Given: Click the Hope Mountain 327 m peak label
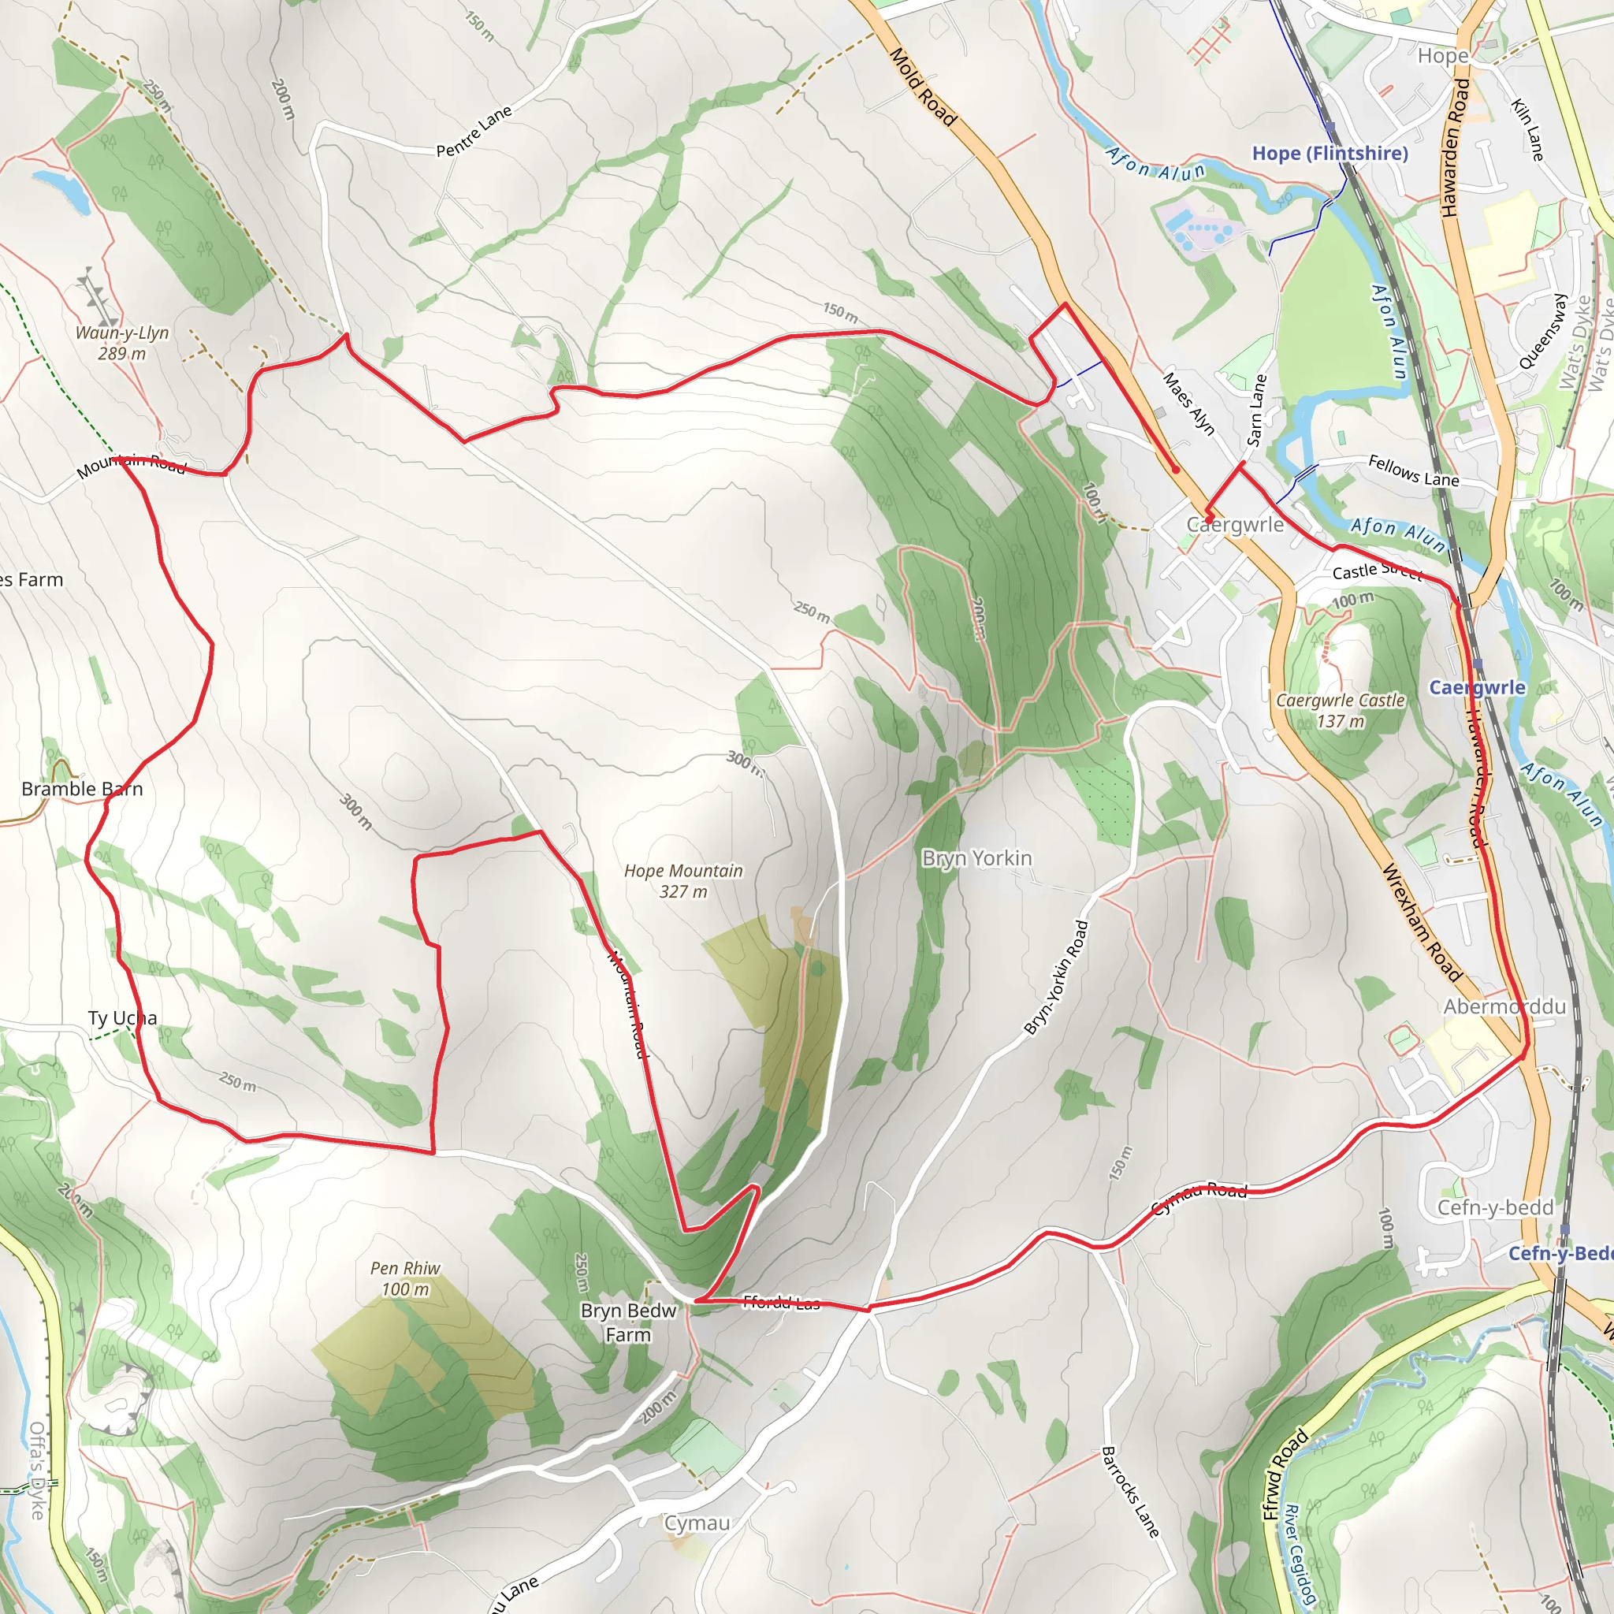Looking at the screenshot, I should pyautogui.click(x=683, y=880).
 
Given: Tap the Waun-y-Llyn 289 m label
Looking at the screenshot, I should pyautogui.click(x=122, y=343).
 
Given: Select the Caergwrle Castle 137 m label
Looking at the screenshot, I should pyautogui.click(x=1340, y=710).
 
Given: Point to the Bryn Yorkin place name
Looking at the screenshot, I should pyautogui.click(x=976, y=858).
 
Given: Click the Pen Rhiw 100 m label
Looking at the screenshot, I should pyautogui.click(x=405, y=1278).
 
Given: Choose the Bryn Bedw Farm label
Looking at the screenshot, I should pyautogui.click(x=628, y=1322).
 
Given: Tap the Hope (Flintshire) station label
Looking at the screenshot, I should pyautogui.click(x=1330, y=153).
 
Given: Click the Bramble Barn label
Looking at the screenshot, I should pyautogui.click(x=82, y=789).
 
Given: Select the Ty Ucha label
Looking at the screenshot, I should pyautogui.click(x=122, y=1017).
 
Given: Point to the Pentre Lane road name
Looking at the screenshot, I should pyautogui.click(x=474, y=131).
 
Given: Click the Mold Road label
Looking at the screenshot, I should pyautogui.click(x=922, y=86).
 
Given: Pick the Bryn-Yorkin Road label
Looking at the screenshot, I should pyautogui.click(x=1057, y=977).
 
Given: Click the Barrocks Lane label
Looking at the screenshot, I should pyautogui.click(x=1129, y=1492).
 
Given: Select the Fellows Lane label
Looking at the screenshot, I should pyautogui.click(x=1414, y=470).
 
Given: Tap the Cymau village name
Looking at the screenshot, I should pyautogui.click(x=697, y=1523).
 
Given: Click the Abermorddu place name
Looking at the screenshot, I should pyautogui.click(x=1504, y=1006).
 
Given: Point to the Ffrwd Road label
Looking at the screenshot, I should pyautogui.click(x=1285, y=1475).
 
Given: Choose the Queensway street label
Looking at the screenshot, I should pyautogui.click(x=1541, y=331).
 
